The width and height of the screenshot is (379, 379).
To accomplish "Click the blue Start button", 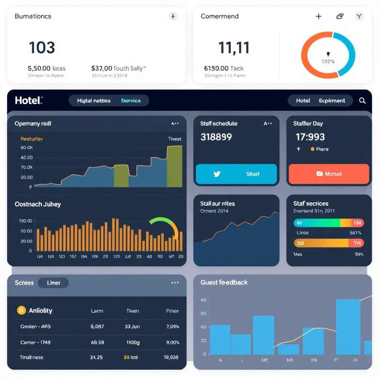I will point(236,174).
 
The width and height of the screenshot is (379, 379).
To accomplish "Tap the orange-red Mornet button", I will point(329,174).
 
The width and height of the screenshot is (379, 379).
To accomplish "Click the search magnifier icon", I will point(362,100).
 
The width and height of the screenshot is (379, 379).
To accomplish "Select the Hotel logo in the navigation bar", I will point(29,100).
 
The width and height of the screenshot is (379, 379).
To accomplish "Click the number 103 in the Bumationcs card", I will point(42,48).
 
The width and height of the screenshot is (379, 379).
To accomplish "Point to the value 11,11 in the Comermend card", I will point(234,48).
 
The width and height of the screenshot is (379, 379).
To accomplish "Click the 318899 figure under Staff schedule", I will point(216,137).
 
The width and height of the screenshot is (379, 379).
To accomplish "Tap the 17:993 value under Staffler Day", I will point(310,137).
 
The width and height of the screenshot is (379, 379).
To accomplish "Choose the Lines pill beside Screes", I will point(53,283).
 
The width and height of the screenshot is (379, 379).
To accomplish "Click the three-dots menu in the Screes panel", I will point(175,283).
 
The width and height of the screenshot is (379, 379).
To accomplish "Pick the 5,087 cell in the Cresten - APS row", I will point(97,327).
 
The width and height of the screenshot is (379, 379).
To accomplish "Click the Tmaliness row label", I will point(31,358).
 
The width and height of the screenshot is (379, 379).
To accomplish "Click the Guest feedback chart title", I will point(224,282).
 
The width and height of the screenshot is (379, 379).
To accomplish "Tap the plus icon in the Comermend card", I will point(319,16).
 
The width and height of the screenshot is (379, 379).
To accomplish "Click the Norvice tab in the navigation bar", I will point(131,101).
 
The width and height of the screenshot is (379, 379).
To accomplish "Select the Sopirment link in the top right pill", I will point(332,101).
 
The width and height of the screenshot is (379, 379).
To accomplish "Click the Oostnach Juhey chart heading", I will point(38,204).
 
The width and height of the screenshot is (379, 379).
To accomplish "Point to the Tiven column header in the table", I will point(133,311).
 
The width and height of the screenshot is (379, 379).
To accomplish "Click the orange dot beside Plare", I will point(312,149).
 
